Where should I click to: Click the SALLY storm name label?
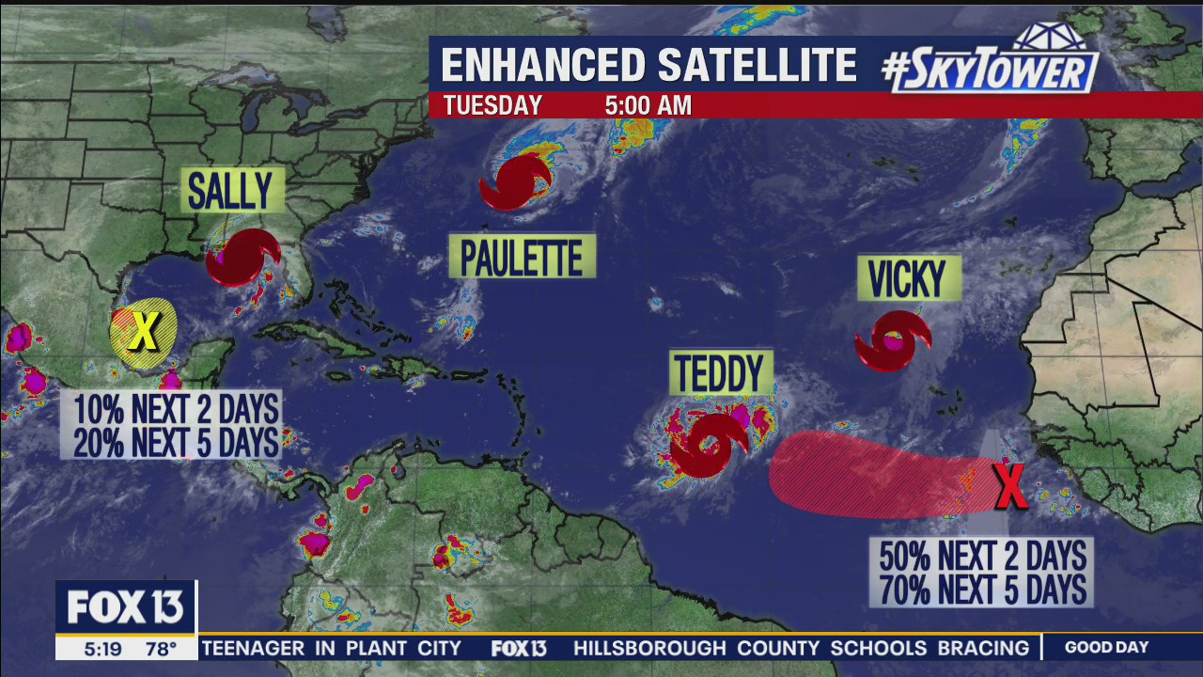[231, 191]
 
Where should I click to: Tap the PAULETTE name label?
[522, 257]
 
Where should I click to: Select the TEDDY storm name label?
[721, 373]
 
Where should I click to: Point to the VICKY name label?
[908, 278]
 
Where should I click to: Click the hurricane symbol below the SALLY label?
[242, 257]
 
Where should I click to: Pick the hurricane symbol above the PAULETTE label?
[515, 182]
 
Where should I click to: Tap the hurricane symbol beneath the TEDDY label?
[708, 445]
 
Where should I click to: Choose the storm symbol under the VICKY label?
[892, 340]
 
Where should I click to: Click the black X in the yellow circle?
[144, 331]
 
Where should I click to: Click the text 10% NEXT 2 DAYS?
[176, 410]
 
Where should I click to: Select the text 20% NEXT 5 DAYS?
[176, 441]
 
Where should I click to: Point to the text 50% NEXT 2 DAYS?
[982, 556]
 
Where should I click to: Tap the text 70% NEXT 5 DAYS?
[982, 590]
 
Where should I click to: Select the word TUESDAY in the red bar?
[492, 105]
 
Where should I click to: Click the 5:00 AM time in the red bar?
[648, 105]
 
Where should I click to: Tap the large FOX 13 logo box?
[126, 608]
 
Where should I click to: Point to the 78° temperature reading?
[160, 649]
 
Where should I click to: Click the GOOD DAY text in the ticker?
[1106, 648]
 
